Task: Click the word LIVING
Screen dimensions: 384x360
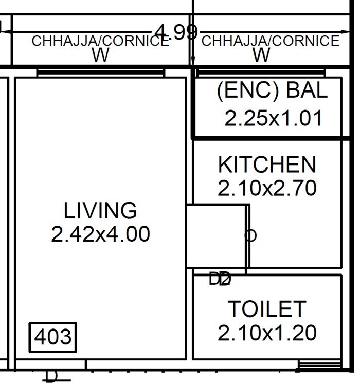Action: (x=100, y=211)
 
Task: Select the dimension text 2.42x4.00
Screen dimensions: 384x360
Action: (x=100, y=234)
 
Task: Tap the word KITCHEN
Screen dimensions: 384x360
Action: (x=267, y=165)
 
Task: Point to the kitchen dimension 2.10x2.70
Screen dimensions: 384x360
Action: (x=267, y=189)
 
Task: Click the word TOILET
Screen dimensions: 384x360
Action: (x=267, y=309)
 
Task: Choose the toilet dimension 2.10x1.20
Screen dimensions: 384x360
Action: (x=267, y=334)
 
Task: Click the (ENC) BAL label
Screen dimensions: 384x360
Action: (x=272, y=91)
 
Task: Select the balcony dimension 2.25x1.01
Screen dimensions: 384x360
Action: (x=273, y=118)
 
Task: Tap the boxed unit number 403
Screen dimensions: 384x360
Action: (x=52, y=338)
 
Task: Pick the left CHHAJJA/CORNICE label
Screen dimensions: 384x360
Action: (x=100, y=42)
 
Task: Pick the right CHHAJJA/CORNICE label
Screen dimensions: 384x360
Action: (x=271, y=42)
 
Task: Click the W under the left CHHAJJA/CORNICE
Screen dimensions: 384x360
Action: (x=100, y=56)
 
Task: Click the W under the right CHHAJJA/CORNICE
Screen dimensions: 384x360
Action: (x=262, y=56)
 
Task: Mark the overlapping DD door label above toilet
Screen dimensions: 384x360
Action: (x=221, y=280)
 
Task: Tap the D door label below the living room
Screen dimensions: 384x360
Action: (x=52, y=376)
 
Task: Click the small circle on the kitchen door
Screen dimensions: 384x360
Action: (x=250, y=236)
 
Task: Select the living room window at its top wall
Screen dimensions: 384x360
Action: (x=100, y=73)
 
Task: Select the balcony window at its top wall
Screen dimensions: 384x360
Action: (x=261, y=73)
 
